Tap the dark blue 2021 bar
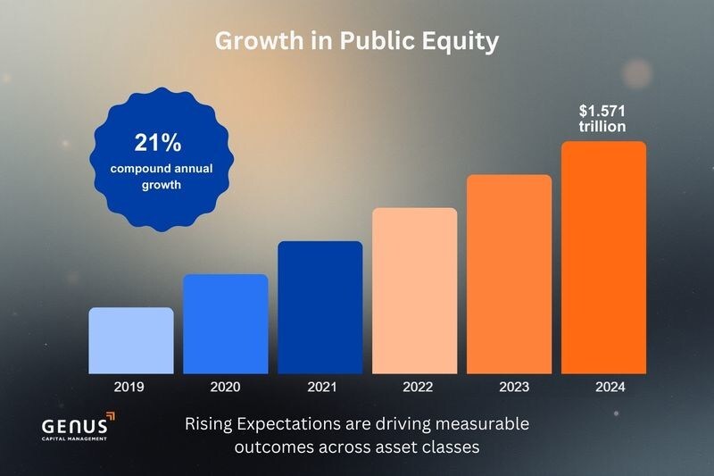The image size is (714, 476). point(320,307)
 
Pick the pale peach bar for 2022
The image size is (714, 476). point(414,290)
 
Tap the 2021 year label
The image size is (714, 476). point(320,387)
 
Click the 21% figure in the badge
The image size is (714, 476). point(158,143)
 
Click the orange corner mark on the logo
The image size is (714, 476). point(109,415)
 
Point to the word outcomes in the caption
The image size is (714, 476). point(269,446)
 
